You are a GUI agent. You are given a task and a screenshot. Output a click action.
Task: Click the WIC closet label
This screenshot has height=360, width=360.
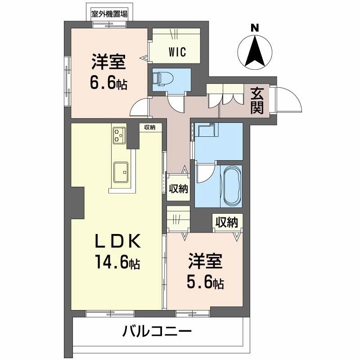coord(177,52)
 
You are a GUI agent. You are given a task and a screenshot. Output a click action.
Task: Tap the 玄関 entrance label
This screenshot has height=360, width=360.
coord(256,100)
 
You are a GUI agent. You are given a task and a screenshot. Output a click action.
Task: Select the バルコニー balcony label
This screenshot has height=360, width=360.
coord(157,331)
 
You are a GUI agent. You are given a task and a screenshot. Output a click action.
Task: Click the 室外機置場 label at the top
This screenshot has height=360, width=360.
coord(109,14)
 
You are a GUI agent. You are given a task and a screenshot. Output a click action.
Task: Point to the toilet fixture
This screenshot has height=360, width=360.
coord(162,79)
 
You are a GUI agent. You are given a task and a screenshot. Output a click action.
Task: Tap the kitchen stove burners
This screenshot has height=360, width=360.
coord(119,135)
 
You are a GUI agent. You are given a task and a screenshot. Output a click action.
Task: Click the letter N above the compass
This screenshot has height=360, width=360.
coord(255,28)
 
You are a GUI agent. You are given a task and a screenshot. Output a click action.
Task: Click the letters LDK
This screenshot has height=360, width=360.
coord(118,241)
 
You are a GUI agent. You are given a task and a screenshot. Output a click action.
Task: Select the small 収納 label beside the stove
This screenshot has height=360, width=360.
coord(150,127)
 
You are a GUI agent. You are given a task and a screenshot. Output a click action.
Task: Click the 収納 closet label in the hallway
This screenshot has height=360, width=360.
coord(178,189)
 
